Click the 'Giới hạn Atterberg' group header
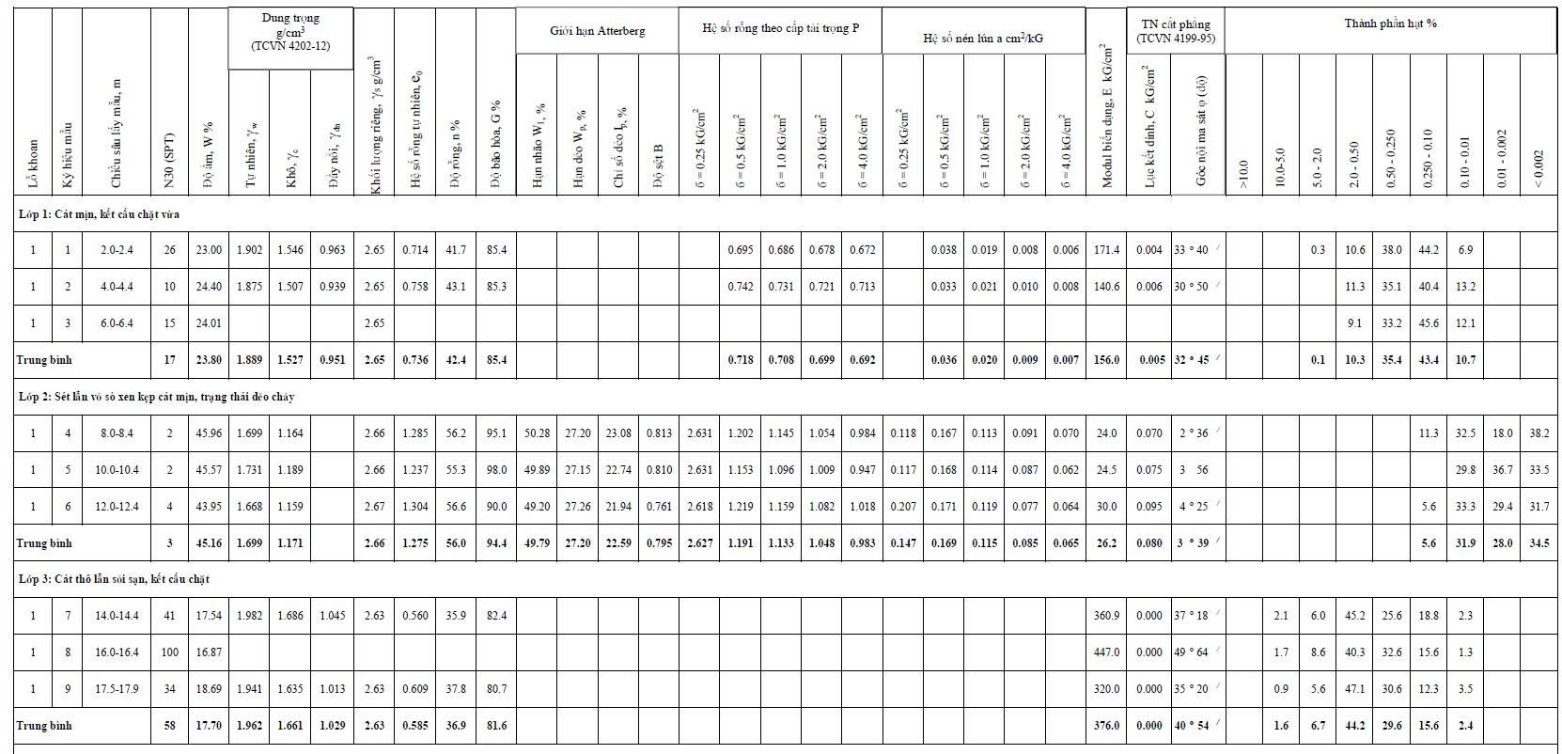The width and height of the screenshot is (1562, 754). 597,31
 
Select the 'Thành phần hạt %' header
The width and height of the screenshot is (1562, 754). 1390,23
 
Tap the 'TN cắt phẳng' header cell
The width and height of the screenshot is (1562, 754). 1175,31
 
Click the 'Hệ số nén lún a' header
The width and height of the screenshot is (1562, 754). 983,39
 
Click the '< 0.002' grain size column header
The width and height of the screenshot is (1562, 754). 1539,165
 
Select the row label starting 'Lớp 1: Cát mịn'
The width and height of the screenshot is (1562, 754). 99,214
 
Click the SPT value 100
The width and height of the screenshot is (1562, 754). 169,652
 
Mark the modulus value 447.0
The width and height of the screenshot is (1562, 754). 1107,652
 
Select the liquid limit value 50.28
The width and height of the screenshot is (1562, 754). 537,433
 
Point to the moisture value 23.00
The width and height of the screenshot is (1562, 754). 209,250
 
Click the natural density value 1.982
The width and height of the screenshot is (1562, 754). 249,616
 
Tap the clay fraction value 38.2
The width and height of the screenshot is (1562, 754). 1539,433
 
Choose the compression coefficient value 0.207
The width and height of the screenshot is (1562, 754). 903,507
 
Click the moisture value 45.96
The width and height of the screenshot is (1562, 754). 209,433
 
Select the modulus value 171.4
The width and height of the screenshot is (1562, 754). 1107,250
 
